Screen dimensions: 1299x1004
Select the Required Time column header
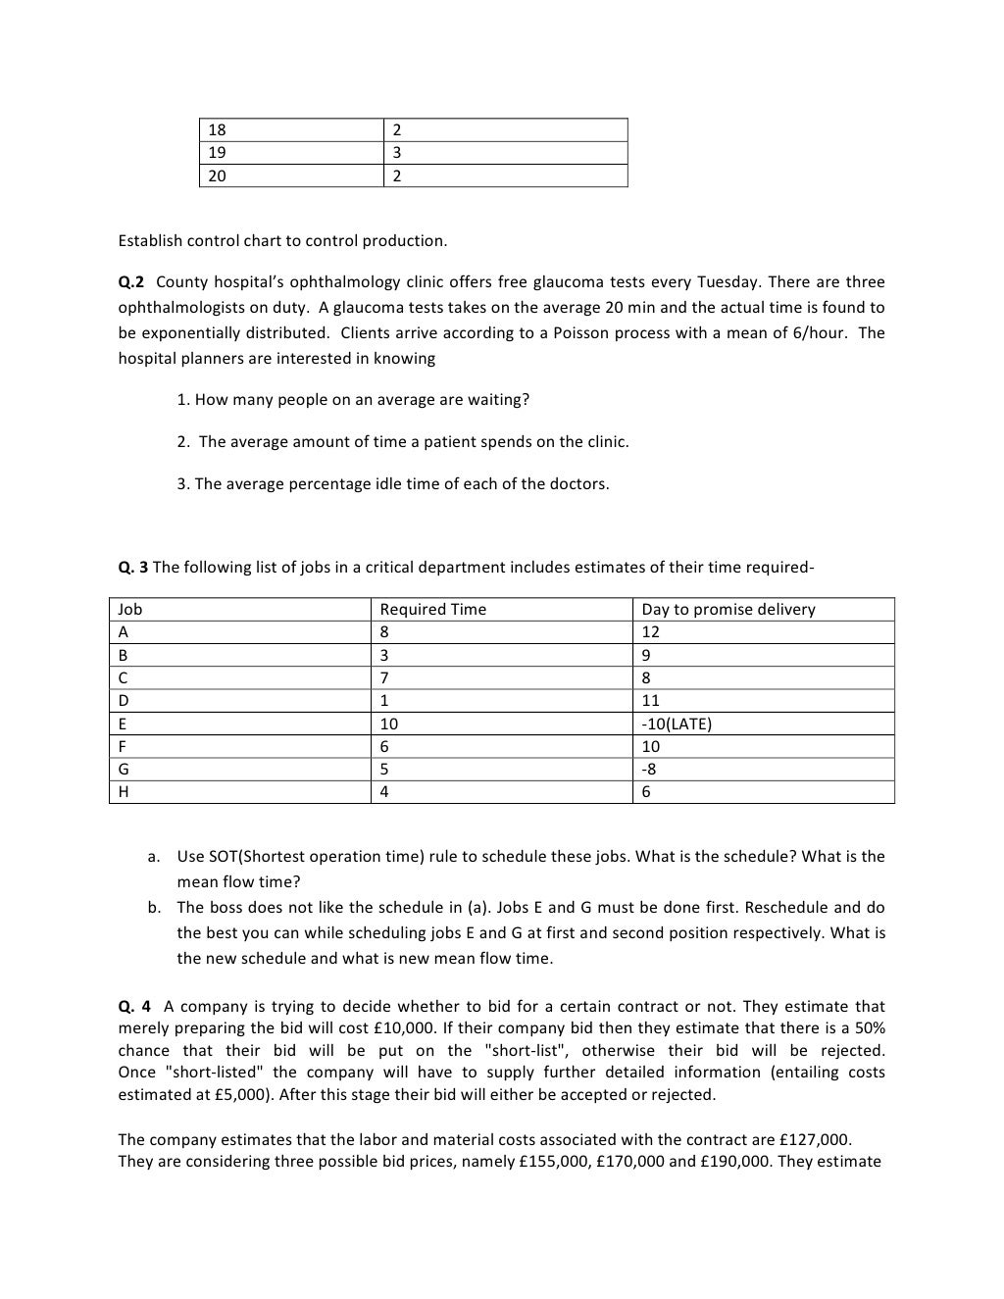pos(432,609)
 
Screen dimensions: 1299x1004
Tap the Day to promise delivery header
pos(728,609)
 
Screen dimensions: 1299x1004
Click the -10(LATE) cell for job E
pos(677,724)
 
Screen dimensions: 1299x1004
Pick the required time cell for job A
pos(384,632)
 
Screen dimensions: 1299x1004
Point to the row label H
pos(123,792)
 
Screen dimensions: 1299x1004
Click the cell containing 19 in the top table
pos(217,153)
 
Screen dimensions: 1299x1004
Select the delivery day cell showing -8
pos(649,770)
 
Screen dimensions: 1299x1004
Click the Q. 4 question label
pos(134,1006)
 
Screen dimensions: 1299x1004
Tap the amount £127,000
pos(815,1139)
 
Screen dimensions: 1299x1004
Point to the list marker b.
pos(155,907)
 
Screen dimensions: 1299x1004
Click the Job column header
pos(129,609)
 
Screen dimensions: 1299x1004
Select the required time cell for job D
pos(384,701)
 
